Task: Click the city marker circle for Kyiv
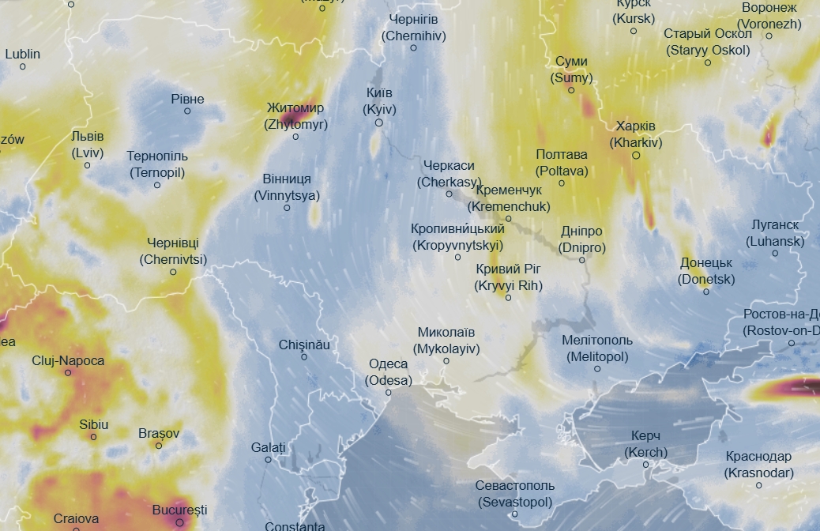(379, 122)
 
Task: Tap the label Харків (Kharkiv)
(636, 134)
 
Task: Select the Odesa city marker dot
(389, 392)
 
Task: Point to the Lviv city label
(87, 144)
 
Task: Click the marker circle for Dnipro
(582, 259)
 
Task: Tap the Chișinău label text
(304, 345)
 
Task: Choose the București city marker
(180, 522)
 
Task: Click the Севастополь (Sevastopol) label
(515, 493)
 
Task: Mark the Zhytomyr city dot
(295, 137)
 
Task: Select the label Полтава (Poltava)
(562, 162)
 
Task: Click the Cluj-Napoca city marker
(68, 373)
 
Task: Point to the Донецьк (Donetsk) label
(706, 271)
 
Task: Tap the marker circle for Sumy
(571, 90)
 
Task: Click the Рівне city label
(187, 100)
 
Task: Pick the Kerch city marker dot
(645, 465)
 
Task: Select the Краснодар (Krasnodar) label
(759, 465)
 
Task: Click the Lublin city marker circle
(23, 66)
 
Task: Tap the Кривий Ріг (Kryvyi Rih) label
(509, 277)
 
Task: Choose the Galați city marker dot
(269, 459)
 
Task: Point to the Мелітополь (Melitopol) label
(597, 348)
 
